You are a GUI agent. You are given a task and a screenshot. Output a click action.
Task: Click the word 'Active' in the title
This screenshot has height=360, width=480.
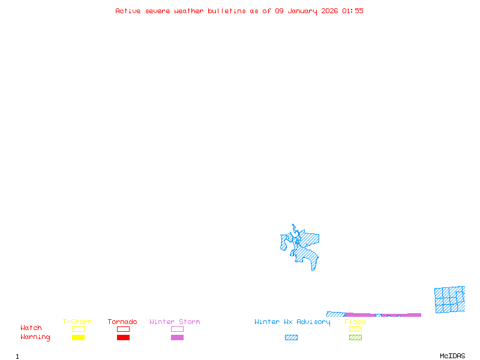click(x=128, y=11)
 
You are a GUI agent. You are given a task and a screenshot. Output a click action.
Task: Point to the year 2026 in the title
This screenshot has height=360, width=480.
click(x=329, y=11)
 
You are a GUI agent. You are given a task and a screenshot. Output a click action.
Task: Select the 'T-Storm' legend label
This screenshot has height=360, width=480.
click(x=77, y=322)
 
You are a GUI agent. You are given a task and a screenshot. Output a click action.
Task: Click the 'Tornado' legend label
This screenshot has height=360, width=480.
click(x=122, y=322)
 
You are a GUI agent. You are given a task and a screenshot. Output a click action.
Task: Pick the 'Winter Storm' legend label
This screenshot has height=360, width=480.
click(x=175, y=322)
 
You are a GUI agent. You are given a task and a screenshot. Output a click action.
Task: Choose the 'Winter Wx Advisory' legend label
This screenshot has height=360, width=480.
click(x=292, y=322)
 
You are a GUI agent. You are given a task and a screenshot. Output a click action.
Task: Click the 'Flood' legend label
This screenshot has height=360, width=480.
click(x=355, y=322)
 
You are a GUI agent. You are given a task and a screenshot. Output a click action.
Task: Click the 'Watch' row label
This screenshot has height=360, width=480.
click(x=31, y=328)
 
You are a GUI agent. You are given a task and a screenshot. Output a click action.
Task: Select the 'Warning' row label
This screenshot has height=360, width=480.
click(x=35, y=337)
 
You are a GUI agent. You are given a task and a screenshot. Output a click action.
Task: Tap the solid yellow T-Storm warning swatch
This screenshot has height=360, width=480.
click(x=78, y=337)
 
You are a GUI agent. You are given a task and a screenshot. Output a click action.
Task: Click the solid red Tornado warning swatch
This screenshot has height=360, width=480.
click(x=123, y=337)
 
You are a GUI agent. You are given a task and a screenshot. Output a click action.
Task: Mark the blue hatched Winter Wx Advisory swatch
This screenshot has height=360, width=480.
click(x=291, y=337)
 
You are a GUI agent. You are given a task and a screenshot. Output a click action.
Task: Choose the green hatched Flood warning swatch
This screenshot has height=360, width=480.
click(x=355, y=337)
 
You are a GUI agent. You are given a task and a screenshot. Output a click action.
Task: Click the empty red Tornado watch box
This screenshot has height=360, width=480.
click(x=123, y=329)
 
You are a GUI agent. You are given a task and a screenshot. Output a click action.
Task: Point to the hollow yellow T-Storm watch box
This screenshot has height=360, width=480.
click(x=78, y=329)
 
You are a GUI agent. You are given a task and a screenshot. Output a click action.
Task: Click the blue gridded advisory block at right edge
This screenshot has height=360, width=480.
click(x=450, y=299)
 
